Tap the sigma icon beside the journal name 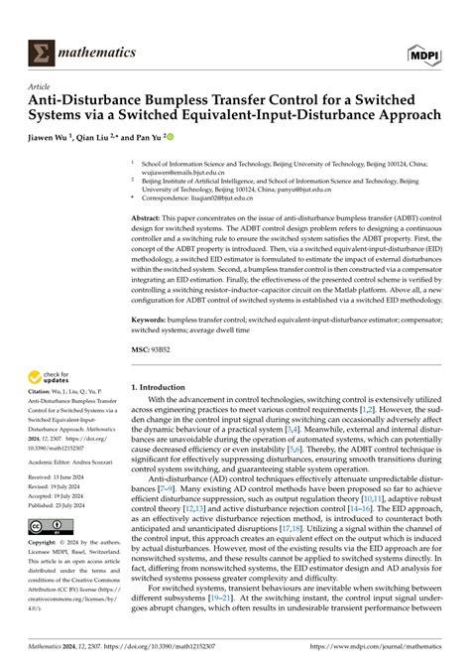[x=42, y=51]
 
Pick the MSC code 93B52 [x=176, y=352]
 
